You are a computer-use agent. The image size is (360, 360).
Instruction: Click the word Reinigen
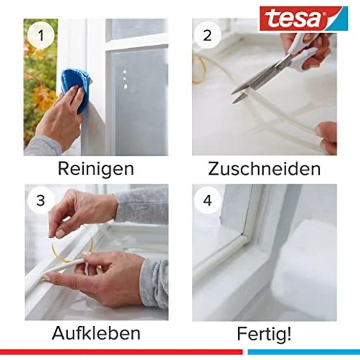tap(96, 168)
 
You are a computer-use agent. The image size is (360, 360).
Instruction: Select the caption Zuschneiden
tap(264, 168)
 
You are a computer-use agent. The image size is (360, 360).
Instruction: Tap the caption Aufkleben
tap(96, 333)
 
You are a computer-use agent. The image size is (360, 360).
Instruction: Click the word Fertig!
tap(264, 334)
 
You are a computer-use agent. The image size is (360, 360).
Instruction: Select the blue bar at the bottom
tap(303, 351)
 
